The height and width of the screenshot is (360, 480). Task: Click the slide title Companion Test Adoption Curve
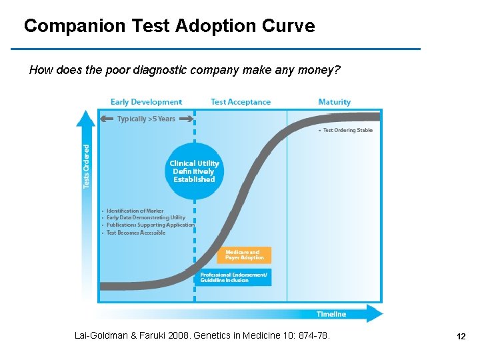169,27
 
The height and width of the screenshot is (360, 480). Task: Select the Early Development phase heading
146,102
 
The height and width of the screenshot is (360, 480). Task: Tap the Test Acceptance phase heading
241,102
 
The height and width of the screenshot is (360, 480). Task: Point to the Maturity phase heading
335,102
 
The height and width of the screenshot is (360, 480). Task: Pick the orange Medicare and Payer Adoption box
244,255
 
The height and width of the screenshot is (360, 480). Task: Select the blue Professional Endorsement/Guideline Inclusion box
234,277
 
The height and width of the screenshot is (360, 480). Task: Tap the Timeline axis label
331,314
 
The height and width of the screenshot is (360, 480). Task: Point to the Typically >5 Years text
146,119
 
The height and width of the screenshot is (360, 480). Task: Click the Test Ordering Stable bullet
347,131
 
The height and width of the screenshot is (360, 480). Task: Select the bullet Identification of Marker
135,211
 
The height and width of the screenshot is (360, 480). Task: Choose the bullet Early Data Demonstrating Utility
145,218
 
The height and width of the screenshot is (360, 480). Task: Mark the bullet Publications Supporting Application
150,225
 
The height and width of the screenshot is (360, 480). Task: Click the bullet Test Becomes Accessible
135,233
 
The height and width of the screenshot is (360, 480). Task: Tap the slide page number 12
461,337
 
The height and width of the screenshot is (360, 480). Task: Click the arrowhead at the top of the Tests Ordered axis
86,118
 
